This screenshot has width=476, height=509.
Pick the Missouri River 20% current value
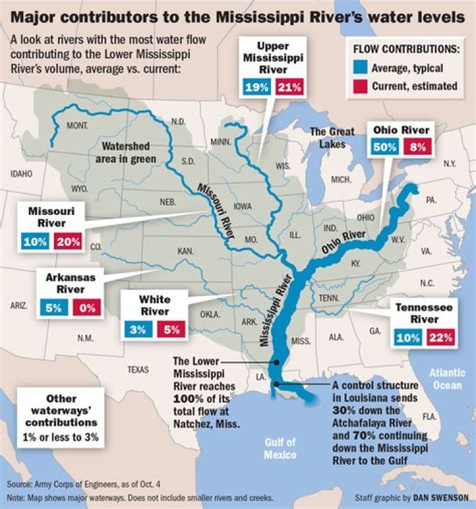(68, 242)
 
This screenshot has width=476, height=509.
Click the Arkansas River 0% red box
(88, 306)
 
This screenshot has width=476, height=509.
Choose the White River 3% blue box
(138, 329)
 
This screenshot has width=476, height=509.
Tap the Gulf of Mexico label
(280, 449)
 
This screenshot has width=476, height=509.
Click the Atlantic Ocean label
(448, 378)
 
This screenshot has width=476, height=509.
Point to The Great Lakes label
(333, 137)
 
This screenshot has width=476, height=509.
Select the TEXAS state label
(138, 370)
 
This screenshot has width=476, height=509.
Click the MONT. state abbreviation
(78, 125)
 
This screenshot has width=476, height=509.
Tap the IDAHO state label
(22, 174)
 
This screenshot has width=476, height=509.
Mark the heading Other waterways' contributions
(61, 405)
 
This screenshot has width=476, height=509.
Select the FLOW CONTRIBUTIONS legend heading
(407, 50)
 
